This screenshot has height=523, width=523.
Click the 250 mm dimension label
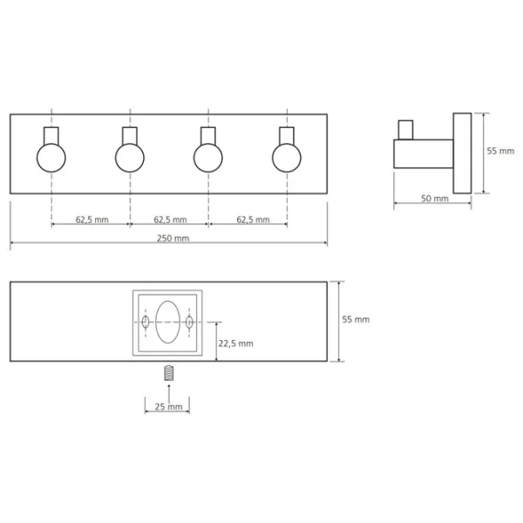[x=173, y=238]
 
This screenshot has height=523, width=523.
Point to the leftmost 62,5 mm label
[x=92, y=220]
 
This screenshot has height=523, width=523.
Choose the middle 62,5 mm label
[x=170, y=220]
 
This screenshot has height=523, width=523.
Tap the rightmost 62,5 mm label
[x=253, y=220]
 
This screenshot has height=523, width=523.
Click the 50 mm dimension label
[x=435, y=199]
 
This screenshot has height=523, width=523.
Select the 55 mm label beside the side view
[x=500, y=151]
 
